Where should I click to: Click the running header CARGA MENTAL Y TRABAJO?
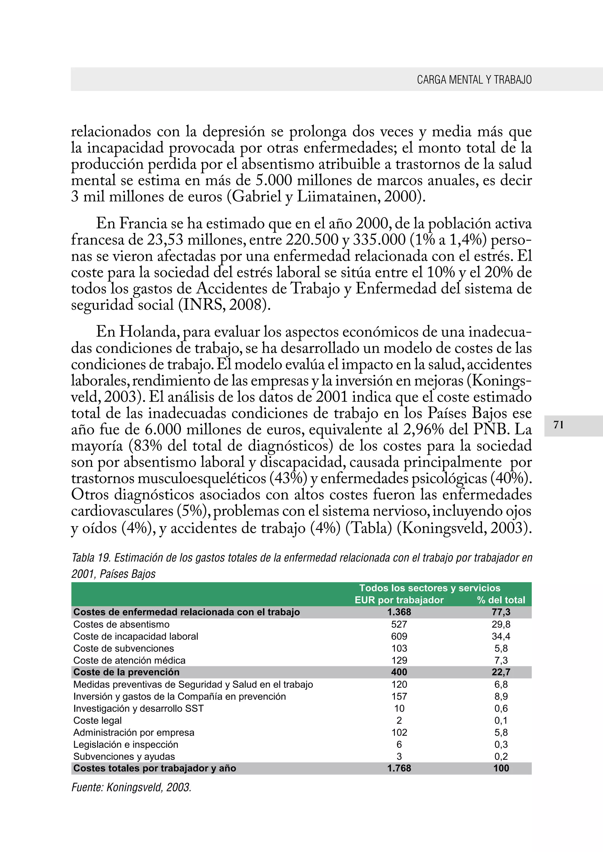(474, 80)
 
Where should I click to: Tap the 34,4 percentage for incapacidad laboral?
(501, 636)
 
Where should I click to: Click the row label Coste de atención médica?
(129, 660)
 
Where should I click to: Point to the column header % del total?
(501, 600)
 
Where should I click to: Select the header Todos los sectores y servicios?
(430, 588)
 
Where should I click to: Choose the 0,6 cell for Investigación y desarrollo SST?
(501, 708)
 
